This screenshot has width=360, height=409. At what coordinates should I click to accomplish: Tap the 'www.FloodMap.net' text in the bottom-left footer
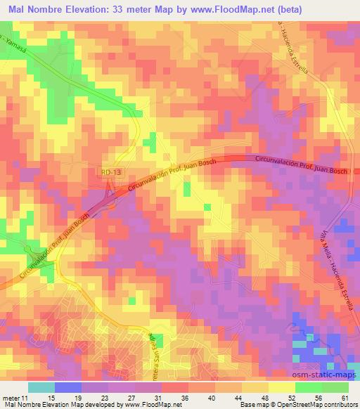coord(148,405)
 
